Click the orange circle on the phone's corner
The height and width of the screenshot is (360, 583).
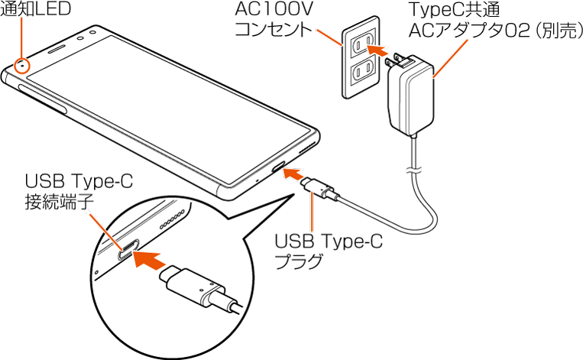coord(24,66)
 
